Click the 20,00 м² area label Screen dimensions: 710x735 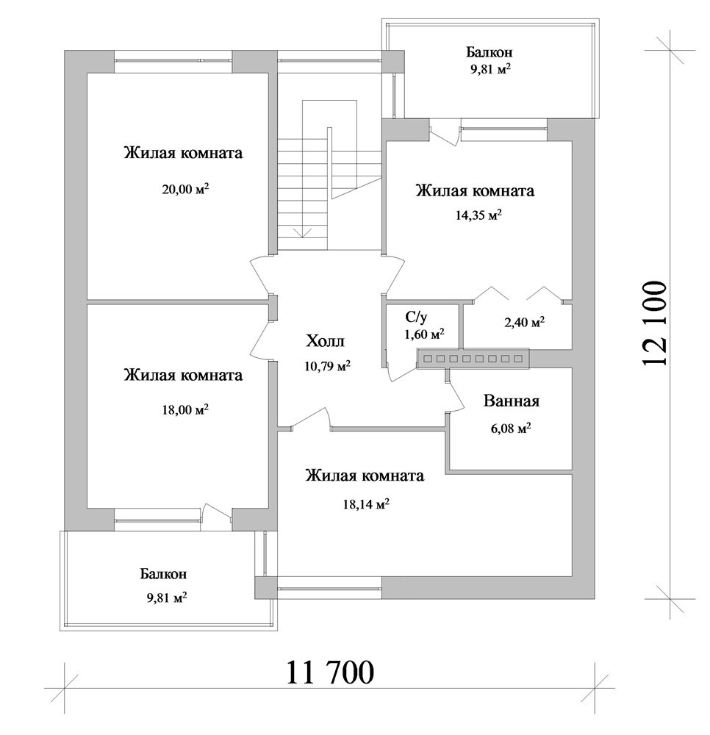185,190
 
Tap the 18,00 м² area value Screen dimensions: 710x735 185,409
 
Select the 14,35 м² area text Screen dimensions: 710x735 478,215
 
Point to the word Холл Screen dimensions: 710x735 325,341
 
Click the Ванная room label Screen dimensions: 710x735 512,401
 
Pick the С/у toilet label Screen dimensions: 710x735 416,318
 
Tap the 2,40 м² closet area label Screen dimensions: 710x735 524,322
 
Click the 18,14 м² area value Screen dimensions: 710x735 366,504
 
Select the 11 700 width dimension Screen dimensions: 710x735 330,673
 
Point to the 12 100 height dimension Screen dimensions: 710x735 654,324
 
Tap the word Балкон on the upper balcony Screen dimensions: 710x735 489,51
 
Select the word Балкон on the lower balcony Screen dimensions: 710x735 163,574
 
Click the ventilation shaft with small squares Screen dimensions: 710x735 473,359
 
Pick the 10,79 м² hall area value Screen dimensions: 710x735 327,365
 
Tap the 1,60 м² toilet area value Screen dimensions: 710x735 424,334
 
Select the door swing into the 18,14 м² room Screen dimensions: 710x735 310,418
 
